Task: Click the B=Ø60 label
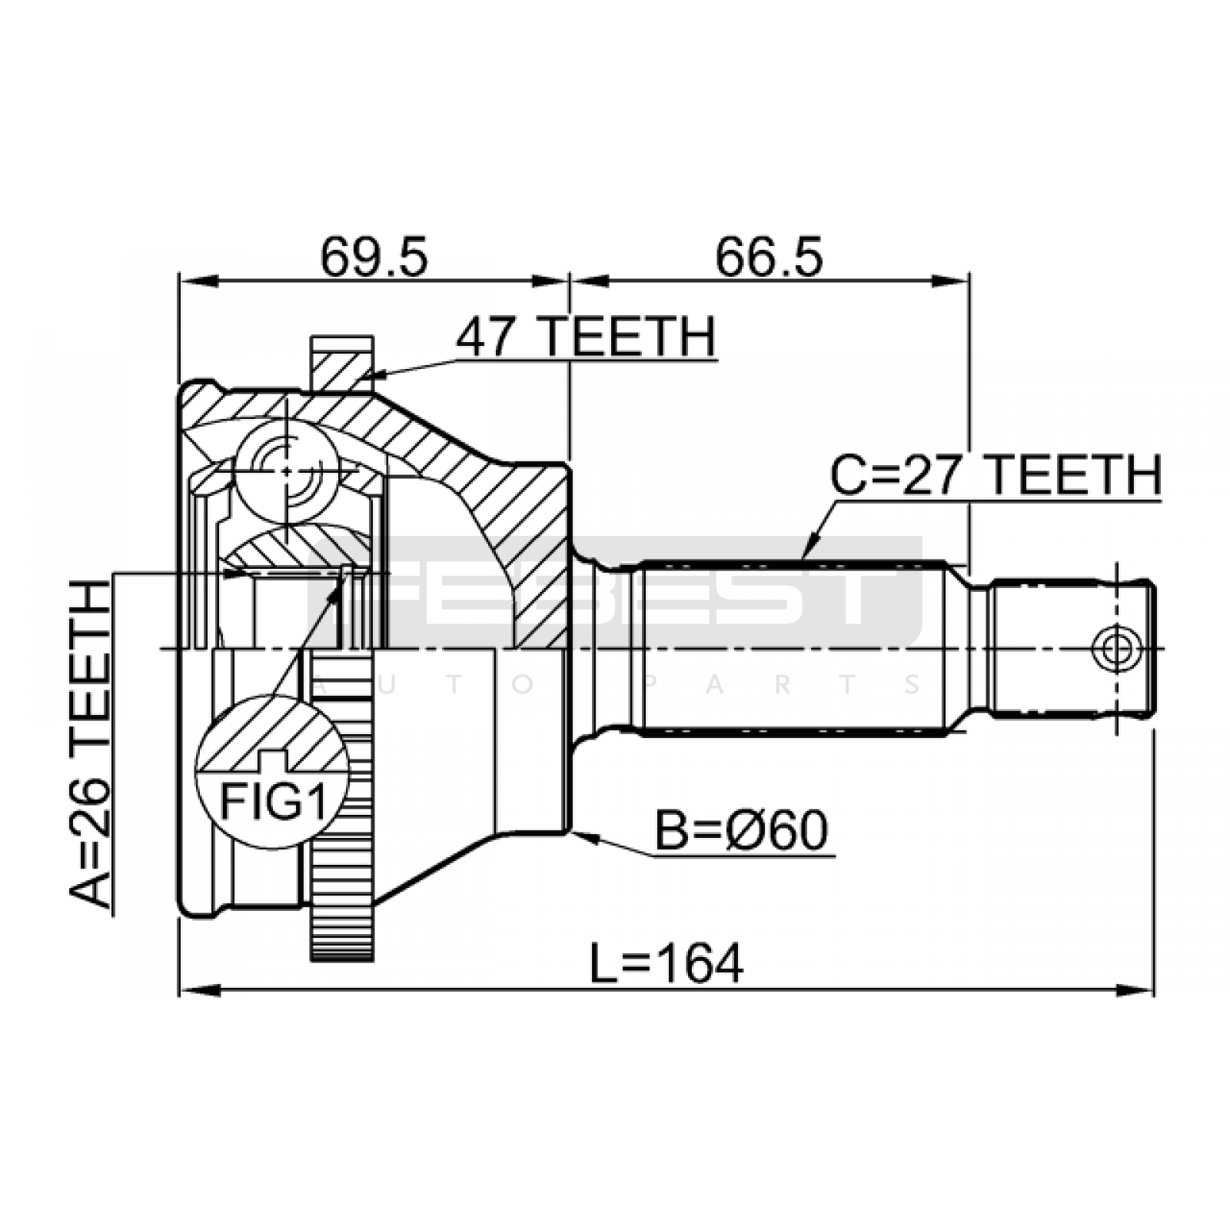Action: (x=741, y=830)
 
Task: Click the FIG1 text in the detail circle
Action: (x=274, y=802)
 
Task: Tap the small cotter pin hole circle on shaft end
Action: (x=1116, y=649)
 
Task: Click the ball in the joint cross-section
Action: (x=287, y=470)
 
